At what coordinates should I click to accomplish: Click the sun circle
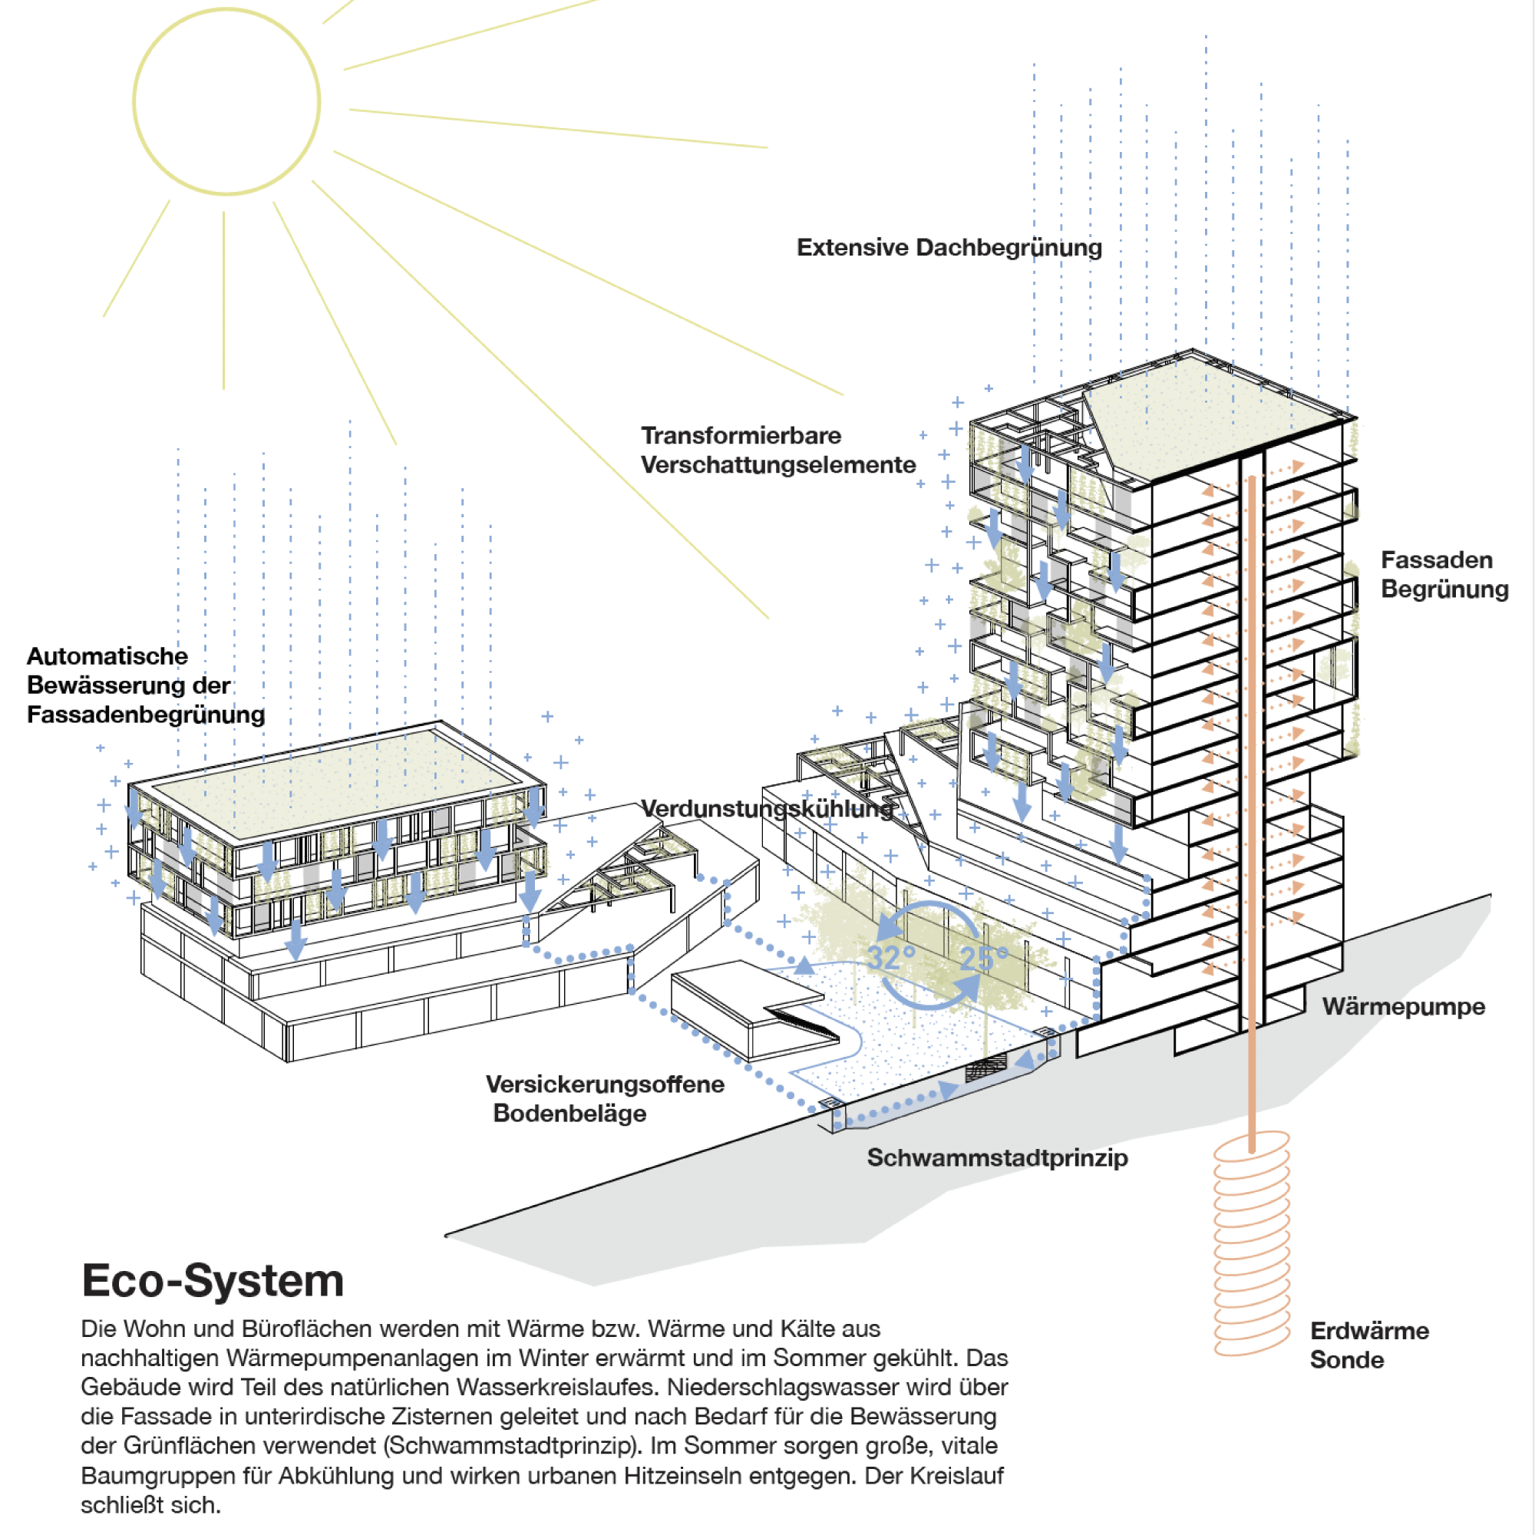click(226, 102)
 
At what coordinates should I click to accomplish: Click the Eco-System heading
click(212, 1281)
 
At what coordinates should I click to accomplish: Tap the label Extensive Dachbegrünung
click(949, 248)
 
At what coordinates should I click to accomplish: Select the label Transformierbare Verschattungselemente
click(777, 450)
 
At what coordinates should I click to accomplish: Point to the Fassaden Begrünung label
click(1444, 574)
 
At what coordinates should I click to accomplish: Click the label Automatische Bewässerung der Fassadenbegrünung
click(145, 685)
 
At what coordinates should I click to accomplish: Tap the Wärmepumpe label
click(1403, 1007)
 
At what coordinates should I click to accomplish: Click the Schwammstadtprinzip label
click(996, 1157)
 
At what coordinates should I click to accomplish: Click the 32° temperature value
click(890, 958)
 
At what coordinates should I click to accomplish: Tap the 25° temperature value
click(984, 958)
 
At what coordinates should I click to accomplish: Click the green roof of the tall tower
click(1216, 417)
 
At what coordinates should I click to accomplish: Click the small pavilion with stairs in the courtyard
click(751, 1009)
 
